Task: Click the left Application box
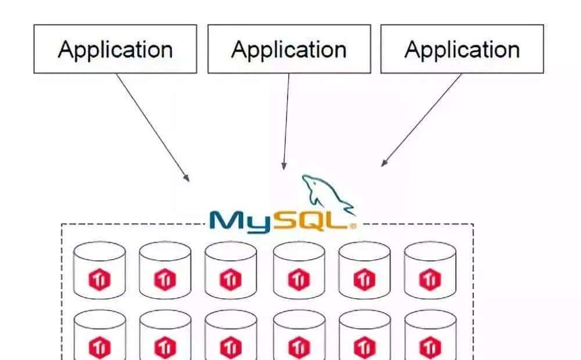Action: (x=115, y=49)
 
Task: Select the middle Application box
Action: (x=289, y=49)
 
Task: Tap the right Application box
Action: (x=462, y=49)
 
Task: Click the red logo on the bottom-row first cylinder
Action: (x=99, y=347)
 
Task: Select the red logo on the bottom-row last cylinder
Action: (x=430, y=347)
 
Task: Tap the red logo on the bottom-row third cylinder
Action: (x=231, y=347)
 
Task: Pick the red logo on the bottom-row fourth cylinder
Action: (x=299, y=347)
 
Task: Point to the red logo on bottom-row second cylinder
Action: (x=165, y=347)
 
